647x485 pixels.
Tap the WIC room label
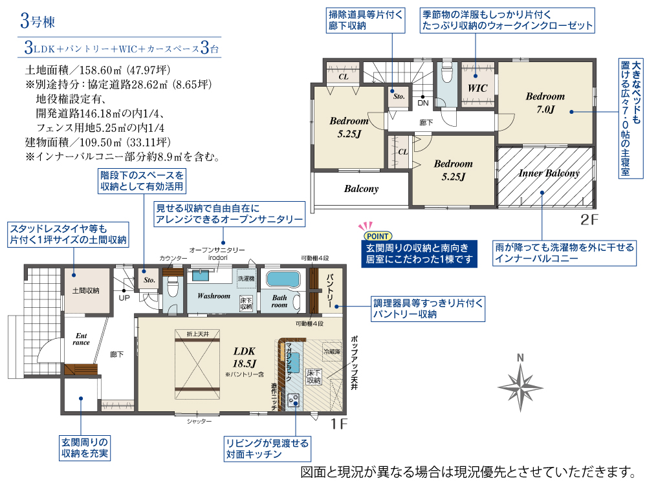point(477,88)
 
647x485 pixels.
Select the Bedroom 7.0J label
point(545,103)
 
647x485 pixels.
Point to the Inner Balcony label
point(549,173)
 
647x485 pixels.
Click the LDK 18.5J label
point(245,357)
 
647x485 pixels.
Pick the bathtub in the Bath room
point(283,279)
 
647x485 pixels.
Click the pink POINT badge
point(378,236)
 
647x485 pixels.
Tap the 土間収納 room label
point(86,291)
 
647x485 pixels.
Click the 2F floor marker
point(589,219)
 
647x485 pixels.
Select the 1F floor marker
point(339,424)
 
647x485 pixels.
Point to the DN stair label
point(423,103)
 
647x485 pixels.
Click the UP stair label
point(124,297)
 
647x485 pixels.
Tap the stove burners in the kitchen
point(294,400)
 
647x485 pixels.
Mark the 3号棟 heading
point(38,21)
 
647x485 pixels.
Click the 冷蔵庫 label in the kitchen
point(332,352)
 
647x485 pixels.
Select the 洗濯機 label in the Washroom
point(246,279)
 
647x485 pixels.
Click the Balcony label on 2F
point(361,189)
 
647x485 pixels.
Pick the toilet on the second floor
point(446,73)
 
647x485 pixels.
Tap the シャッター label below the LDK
point(199,421)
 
